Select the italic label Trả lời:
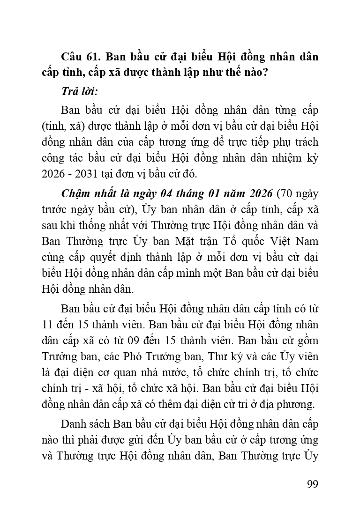pos(79,91)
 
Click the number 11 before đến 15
pos(47,325)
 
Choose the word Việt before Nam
pos(286,243)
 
